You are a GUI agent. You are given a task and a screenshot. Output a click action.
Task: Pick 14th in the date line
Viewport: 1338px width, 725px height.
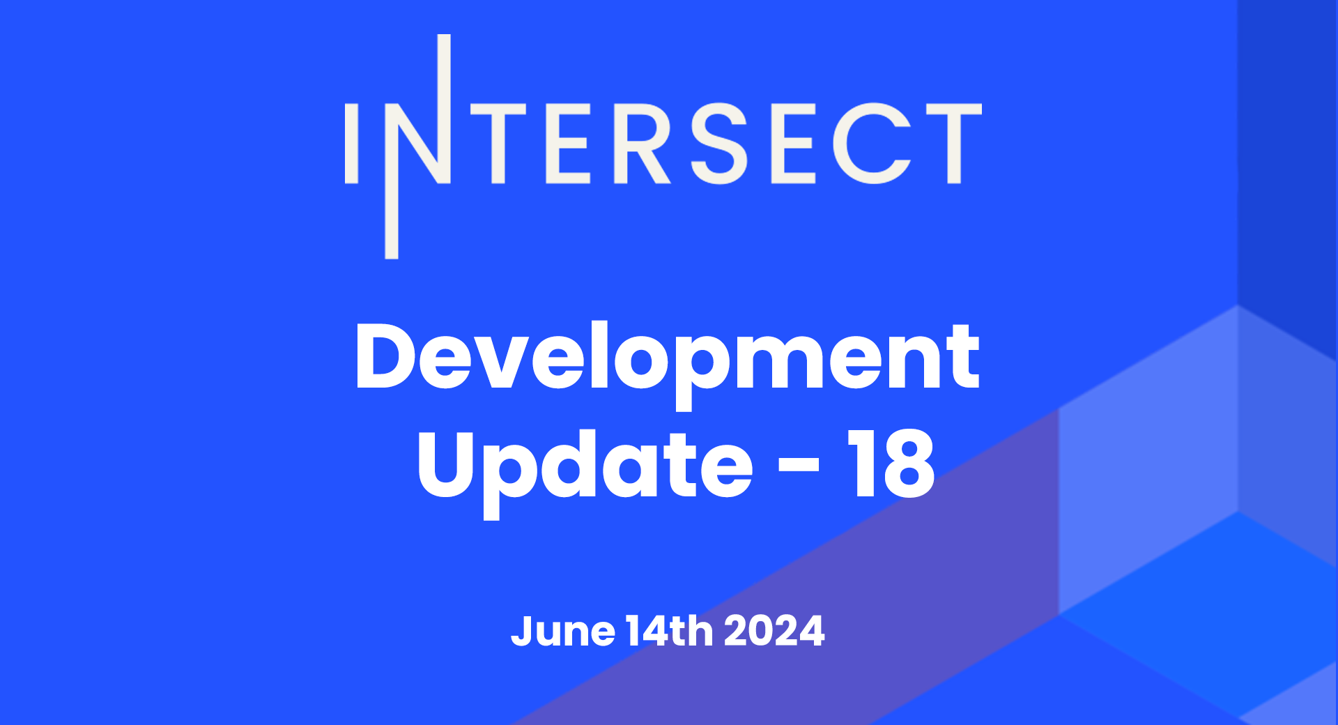[x=670, y=631]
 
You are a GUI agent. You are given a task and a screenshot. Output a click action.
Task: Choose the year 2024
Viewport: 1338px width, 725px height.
[x=774, y=632]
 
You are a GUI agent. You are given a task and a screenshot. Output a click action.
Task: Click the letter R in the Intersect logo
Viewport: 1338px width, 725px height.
[x=640, y=144]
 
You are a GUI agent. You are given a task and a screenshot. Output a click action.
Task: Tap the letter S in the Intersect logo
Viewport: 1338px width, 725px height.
[x=718, y=144]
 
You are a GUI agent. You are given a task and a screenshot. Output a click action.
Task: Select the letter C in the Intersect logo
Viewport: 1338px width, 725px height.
[x=872, y=144]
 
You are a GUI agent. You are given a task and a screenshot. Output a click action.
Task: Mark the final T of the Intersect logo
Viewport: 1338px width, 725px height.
[x=954, y=144]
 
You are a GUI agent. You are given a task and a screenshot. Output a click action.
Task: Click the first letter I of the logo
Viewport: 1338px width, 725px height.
[x=351, y=144]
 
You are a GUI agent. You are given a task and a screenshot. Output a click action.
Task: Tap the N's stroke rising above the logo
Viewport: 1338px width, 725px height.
[x=444, y=70]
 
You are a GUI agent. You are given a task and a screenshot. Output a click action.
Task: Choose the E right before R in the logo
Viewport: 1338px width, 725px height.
[x=568, y=144]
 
